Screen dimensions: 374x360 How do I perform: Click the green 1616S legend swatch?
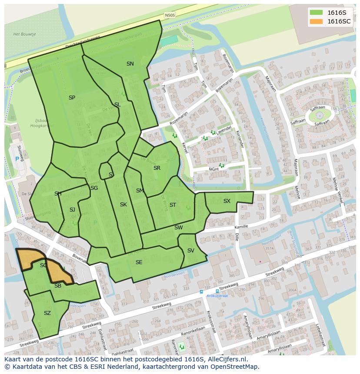coord(316,13)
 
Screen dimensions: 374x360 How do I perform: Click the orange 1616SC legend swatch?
coord(316,21)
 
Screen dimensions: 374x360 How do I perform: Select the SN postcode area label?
coord(130,64)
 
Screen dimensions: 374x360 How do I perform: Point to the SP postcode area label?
coord(72,98)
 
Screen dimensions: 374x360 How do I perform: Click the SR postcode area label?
coord(157,168)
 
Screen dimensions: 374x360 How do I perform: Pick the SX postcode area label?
coord(227,201)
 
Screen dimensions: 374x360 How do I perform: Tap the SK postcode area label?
coord(123,205)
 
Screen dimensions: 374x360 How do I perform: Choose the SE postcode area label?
coord(139,262)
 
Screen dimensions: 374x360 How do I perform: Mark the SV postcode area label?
coord(190,251)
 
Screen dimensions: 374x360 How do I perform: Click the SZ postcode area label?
coord(47,313)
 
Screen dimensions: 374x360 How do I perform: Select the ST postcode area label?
coord(173,205)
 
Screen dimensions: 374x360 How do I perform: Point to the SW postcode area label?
coord(178,228)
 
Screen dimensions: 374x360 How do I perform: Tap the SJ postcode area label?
coord(72,210)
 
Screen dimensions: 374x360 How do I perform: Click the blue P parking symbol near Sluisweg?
coord(17,159)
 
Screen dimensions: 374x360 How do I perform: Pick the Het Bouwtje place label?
coord(24,34)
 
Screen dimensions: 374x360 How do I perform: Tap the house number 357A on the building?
coord(270,248)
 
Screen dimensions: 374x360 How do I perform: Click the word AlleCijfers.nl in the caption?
coord(226,359)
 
